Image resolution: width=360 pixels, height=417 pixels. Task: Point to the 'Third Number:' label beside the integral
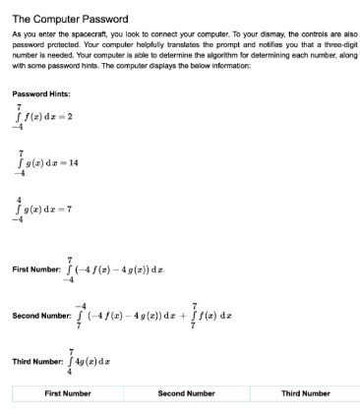[37, 361]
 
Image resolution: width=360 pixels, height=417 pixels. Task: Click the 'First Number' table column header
[68, 393]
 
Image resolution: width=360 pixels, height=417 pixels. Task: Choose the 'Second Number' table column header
[186, 393]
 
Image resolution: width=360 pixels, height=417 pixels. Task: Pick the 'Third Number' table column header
[305, 393]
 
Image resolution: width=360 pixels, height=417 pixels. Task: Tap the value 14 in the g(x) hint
[73, 161]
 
